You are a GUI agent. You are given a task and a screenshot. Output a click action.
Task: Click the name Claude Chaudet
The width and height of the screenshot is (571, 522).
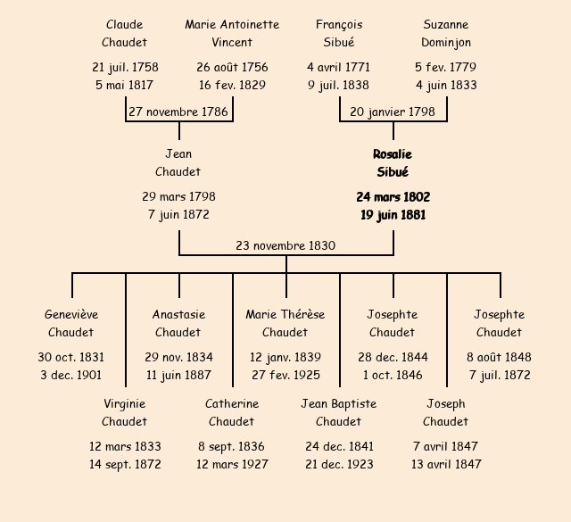pyautogui.click(x=124, y=33)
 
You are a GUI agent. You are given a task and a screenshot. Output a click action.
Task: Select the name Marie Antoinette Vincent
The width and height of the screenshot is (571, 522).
pyautogui.click(x=232, y=33)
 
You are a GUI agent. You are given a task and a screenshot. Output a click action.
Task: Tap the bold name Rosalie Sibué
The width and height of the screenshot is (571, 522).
pyautogui.click(x=393, y=162)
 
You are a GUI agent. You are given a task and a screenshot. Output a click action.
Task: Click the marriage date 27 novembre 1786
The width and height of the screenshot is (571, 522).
pyautogui.click(x=178, y=112)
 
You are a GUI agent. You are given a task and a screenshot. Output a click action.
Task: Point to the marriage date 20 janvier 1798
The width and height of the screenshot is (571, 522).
pyautogui.click(x=393, y=112)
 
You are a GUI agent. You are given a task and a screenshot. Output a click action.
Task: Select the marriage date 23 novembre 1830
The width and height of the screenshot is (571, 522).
pyautogui.click(x=285, y=245)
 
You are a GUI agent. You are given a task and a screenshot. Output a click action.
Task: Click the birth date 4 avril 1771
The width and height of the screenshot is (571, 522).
pyautogui.click(x=338, y=67)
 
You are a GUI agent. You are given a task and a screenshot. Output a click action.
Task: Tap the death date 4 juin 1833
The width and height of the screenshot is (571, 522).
pyautogui.click(x=446, y=86)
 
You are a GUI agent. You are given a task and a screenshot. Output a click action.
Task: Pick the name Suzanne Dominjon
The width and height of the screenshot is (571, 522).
pyautogui.click(x=446, y=33)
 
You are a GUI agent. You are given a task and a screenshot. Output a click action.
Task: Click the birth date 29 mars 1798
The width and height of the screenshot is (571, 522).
pyautogui.click(x=178, y=196)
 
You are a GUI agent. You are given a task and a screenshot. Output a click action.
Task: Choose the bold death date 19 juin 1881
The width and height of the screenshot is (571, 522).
pyautogui.click(x=393, y=215)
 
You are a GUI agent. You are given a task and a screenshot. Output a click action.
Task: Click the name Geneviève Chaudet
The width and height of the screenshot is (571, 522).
pyautogui.click(x=71, y=323)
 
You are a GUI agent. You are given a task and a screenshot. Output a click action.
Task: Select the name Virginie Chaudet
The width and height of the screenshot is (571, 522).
pyautogui.click(x=124, y=412)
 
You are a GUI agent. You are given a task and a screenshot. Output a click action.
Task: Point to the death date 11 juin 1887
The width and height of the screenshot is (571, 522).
pyautogui.click(x=178, y=375)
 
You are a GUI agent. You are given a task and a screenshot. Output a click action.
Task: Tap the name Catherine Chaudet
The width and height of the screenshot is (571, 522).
pyautogui.click(x=232, y=412)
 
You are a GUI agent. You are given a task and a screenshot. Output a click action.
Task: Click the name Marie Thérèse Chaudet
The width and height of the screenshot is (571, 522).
pyautogui.click(x=285, y=323)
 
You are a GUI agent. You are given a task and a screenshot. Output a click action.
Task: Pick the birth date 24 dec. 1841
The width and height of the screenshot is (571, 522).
pyautogui.click(x=339, y=446)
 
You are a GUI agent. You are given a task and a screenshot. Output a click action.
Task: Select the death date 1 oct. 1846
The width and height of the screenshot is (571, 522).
pyautogui.click(x=393, y=375)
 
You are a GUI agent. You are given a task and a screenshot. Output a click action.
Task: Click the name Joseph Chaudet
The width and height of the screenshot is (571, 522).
pyautogui.click(x=446, y=412)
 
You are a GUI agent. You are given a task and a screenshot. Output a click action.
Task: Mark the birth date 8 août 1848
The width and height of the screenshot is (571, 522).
pyautogui.click(x=499, y=357)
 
